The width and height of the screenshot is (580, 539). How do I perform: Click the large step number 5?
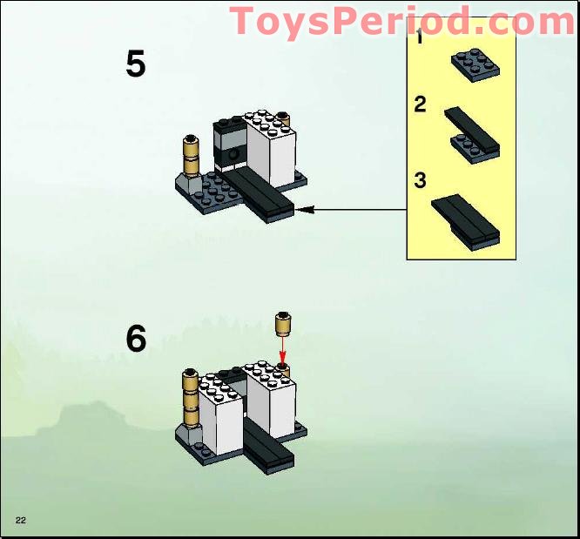tap(135, 65)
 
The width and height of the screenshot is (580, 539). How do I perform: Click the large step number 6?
tap(136, 339)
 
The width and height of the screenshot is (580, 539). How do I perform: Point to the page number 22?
tap(20, 520)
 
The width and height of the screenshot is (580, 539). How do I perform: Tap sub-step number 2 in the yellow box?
tap(421, 105)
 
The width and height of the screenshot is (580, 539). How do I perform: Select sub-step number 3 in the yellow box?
tap(421, 180)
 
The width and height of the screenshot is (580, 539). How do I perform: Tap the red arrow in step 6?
tap(282, 354)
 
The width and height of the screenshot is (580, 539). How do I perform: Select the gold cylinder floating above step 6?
tap(282, 325)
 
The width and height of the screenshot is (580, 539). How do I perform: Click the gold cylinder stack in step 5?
tap(192, 157)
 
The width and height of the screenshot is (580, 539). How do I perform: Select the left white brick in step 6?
tap(219, 414)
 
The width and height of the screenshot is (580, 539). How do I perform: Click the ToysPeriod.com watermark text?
tap(401, 20)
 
